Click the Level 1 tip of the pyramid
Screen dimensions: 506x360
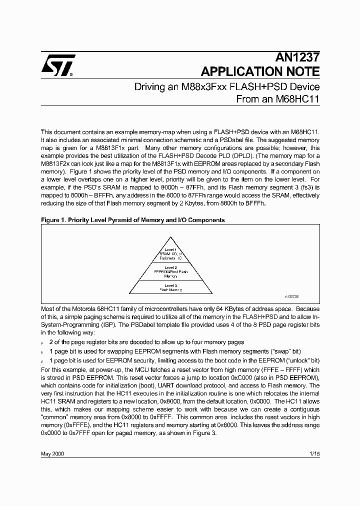[x=170, y=253]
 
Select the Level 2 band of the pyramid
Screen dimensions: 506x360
[x=170, y=271]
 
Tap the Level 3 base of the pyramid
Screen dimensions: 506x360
[x=170, y=287]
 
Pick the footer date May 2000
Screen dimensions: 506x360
[x=52, y=453]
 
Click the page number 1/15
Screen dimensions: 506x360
[x=314, y=453]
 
